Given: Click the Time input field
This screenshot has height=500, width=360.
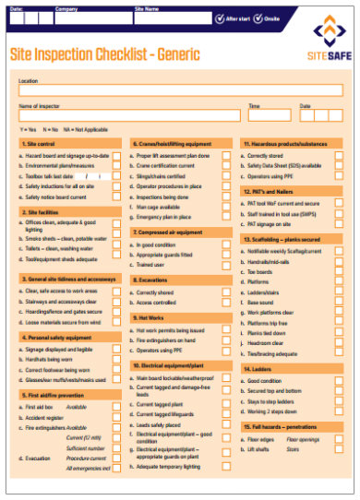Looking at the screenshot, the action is pos(269,118).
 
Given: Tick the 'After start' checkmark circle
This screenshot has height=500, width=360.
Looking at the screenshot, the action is pos(218,18).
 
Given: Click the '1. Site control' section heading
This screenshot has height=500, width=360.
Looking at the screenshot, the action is pos(42,145).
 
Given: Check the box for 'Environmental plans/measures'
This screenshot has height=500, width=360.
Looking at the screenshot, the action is pos(117,166).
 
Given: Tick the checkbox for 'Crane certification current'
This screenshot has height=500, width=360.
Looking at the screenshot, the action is pos(226,166).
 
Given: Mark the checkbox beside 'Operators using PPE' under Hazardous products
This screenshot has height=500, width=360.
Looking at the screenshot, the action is pos(339,176).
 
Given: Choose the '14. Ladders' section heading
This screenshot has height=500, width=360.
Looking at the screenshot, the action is pos(258,368).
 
